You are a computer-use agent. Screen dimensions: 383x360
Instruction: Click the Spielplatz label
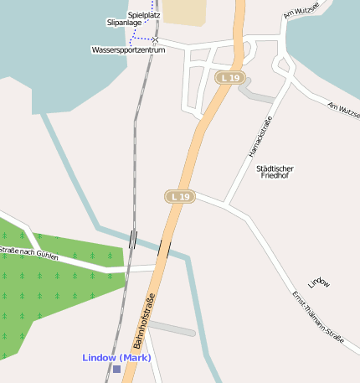[144, 15]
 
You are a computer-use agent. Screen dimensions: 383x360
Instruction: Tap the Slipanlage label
[124, 23]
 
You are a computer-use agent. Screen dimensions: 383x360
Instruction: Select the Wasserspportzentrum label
[128, 50]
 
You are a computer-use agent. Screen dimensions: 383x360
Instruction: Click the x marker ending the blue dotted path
[155, 39]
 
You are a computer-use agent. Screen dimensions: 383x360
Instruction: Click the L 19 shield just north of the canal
[179, 196]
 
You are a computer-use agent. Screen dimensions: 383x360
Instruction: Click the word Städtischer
[275, 168]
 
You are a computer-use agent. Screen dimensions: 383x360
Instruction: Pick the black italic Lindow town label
[318, 282]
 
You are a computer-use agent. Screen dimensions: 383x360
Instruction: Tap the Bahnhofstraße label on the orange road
[143, 323]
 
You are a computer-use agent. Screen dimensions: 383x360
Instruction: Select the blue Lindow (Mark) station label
[116, 358]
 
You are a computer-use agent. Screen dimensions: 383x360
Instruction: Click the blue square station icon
[116, 369]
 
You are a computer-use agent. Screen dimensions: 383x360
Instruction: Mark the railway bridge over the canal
[132, 239]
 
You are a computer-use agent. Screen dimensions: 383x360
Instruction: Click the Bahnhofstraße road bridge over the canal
[164, 249]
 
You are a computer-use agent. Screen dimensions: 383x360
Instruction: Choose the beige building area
[184, 11]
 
